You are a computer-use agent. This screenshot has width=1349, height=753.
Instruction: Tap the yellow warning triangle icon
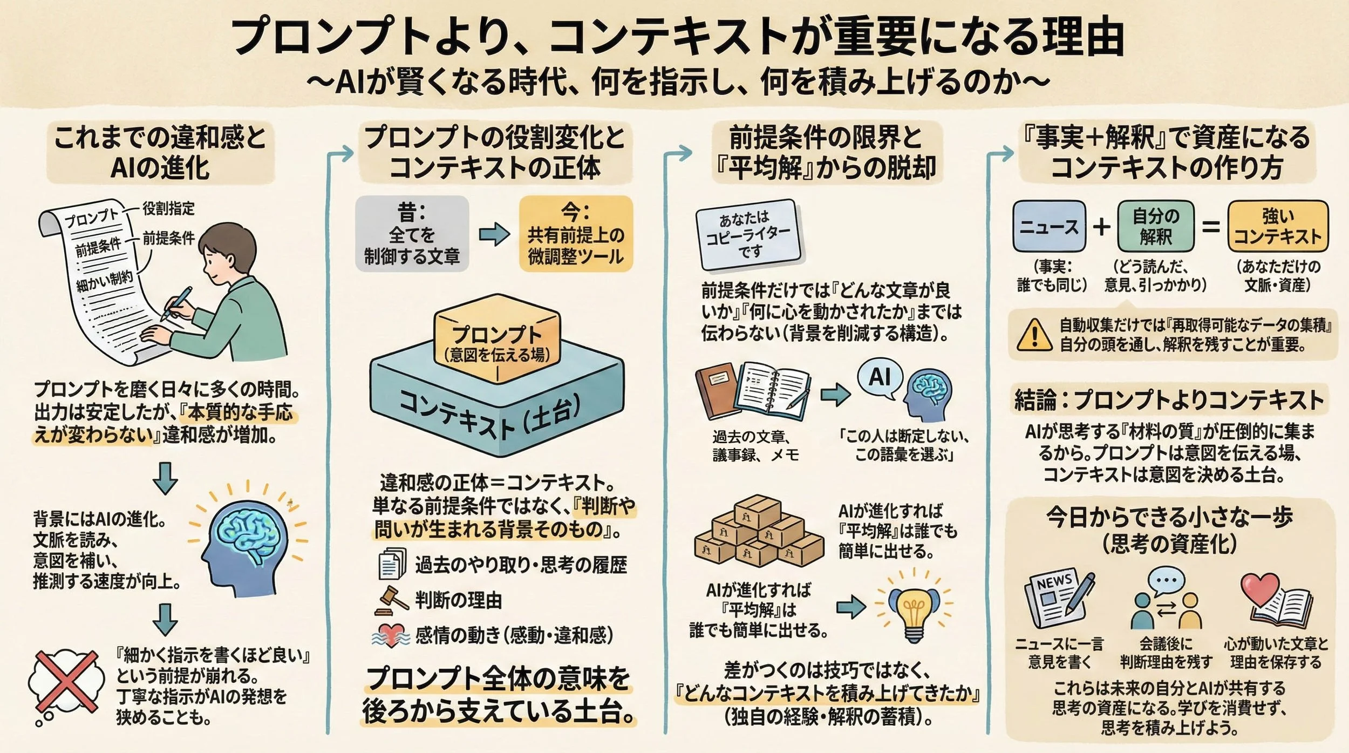pyautogui.click(x=1034, y=335)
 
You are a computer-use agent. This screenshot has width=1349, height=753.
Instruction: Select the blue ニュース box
pyautogui.click(x=1049, y=226)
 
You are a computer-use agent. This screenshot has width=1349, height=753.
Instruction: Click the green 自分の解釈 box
pyautogui.click(x=1155, y=226)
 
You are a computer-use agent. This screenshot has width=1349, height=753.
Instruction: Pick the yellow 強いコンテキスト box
pyautogui.click(x=1277, y=226)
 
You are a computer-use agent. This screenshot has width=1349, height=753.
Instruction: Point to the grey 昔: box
pyautogui.click(x=412, y=233)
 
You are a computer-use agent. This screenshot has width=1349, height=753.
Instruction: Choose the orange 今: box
pyautogui.click(x=576, y=233)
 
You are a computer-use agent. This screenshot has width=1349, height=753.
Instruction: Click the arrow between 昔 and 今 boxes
pyautogui.click(x=494, y=234)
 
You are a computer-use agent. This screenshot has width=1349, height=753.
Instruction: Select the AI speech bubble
pyautogui.click(x=880, y=378)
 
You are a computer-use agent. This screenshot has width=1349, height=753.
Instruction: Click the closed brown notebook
pyautogui.click(x=716, y=391)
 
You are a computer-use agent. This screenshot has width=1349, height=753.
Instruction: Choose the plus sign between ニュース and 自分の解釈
pyautogui.click(x=1101, y=227)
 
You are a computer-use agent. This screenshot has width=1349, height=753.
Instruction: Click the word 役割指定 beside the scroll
pyautogui.click(x=168, y=208)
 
